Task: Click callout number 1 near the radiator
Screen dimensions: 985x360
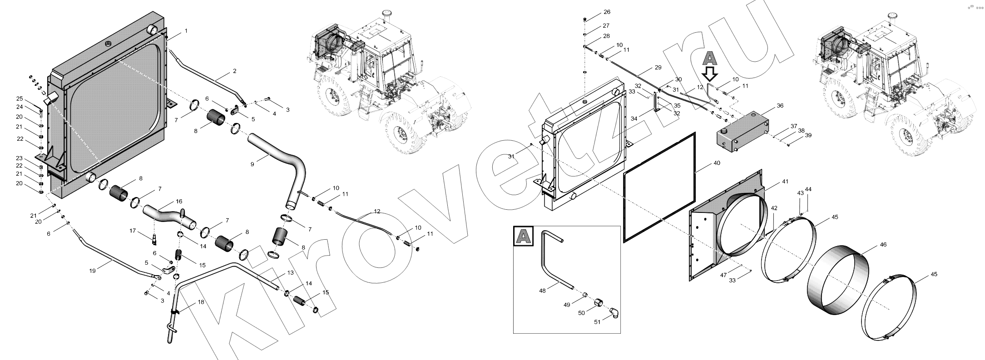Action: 186,31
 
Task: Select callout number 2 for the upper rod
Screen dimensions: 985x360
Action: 234,71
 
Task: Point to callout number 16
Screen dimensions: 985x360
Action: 179,201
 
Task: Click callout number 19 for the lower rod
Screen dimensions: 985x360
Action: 93,271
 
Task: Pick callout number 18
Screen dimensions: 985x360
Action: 201,302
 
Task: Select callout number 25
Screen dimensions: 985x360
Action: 20,99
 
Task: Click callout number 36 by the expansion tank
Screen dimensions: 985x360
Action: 780,106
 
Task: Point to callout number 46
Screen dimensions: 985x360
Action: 883,244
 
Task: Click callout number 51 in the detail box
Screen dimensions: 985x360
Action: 598,322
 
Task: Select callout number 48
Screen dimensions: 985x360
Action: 542,291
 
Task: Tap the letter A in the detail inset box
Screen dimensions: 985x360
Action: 523,236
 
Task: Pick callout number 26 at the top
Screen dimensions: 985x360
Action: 607,12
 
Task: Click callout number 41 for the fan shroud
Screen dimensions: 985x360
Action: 785,182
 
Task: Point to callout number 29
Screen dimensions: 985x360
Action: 658,68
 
